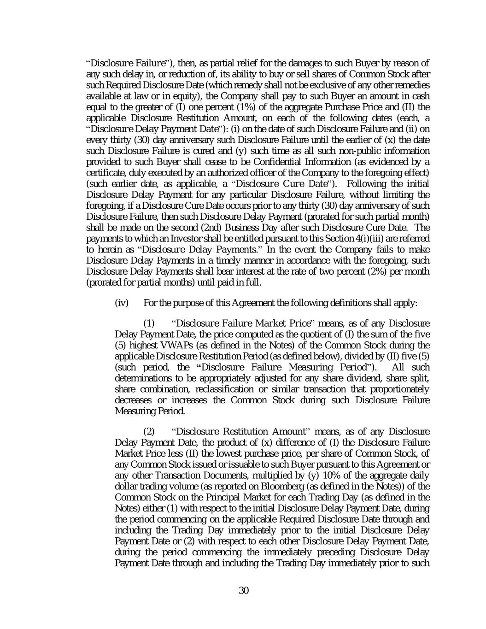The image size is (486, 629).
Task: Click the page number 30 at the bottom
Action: [244, 590]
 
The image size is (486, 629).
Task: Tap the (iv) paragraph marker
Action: [121, 303]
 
